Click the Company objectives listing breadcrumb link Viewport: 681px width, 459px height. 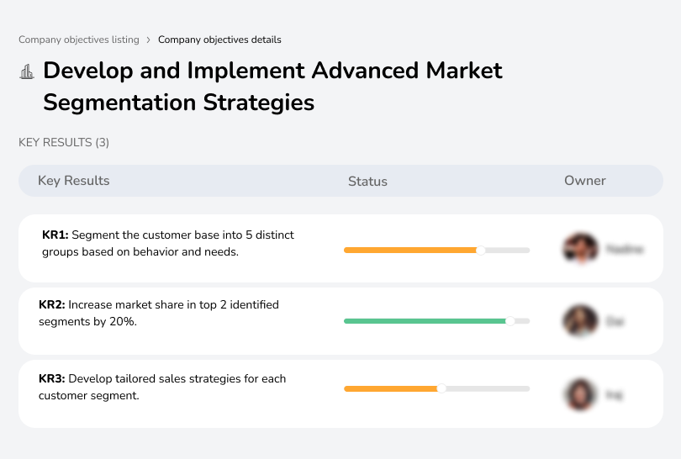coord(79,40)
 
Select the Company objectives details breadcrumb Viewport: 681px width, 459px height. coord(219,40)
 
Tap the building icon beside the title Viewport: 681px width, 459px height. coord(27,72)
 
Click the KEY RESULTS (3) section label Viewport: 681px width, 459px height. coord(64,143)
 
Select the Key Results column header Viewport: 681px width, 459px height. coord(74,181)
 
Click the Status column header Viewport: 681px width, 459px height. coord(367,181)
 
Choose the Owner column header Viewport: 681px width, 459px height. coord(585,181)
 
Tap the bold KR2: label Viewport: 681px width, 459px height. coord(52,304)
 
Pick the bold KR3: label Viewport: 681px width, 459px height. coord(52,379)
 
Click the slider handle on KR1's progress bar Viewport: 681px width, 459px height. coord(481,250)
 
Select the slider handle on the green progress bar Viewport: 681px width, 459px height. coord(509,321)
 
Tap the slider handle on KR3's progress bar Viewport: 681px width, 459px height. coord(441,388)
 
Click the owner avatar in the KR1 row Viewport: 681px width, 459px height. coord(580,249)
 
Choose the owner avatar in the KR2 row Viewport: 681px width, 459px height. coord(580,321)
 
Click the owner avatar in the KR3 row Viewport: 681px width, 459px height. coord(580,393)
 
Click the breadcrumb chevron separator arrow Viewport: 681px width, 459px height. coord(149,40)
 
